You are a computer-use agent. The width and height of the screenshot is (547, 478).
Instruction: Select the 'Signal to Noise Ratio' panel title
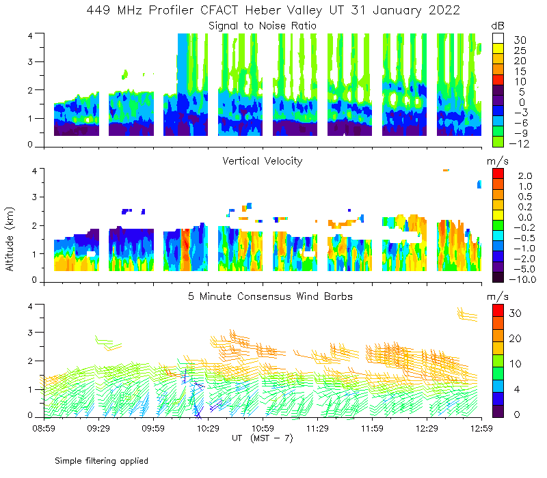point(263,26)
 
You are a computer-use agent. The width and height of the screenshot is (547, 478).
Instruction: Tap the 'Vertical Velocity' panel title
point(263,161)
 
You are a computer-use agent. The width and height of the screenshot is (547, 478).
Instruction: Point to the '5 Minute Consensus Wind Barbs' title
point(263,296)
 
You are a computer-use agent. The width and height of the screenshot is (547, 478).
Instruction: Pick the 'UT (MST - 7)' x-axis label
point(263,438)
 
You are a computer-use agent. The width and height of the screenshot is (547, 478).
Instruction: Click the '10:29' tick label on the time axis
point(208,428)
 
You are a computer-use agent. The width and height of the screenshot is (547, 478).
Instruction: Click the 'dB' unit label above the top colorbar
point(498,26)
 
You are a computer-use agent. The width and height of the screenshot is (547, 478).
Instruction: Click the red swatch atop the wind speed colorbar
point(499,313)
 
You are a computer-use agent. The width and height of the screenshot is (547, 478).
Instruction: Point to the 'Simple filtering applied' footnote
point(101,461)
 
